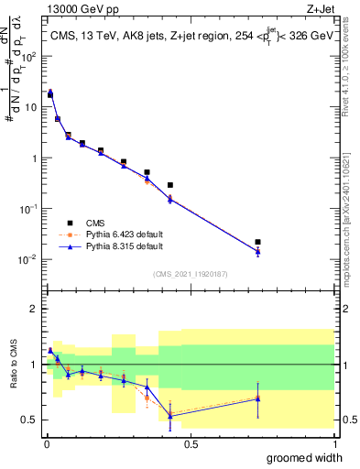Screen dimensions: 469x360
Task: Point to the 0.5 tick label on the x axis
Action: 191,444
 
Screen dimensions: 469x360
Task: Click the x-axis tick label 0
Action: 47,444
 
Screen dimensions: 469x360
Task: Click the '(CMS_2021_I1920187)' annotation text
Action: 190,274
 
